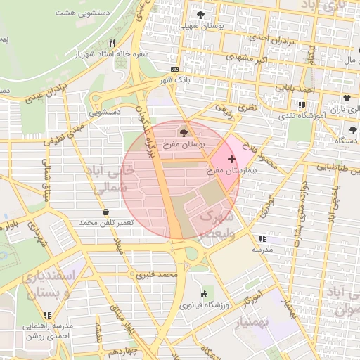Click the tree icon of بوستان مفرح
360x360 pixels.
point(184,131)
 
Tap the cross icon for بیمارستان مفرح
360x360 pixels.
point(231,160)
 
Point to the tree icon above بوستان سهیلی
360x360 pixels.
point(202,15)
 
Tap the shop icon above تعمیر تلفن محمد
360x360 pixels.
point(105,212)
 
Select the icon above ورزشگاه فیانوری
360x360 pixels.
point(204,294)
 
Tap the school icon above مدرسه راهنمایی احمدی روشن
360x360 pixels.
point(48,316)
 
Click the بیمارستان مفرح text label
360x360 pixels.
point(224,171)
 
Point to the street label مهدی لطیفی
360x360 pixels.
point(67,133)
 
